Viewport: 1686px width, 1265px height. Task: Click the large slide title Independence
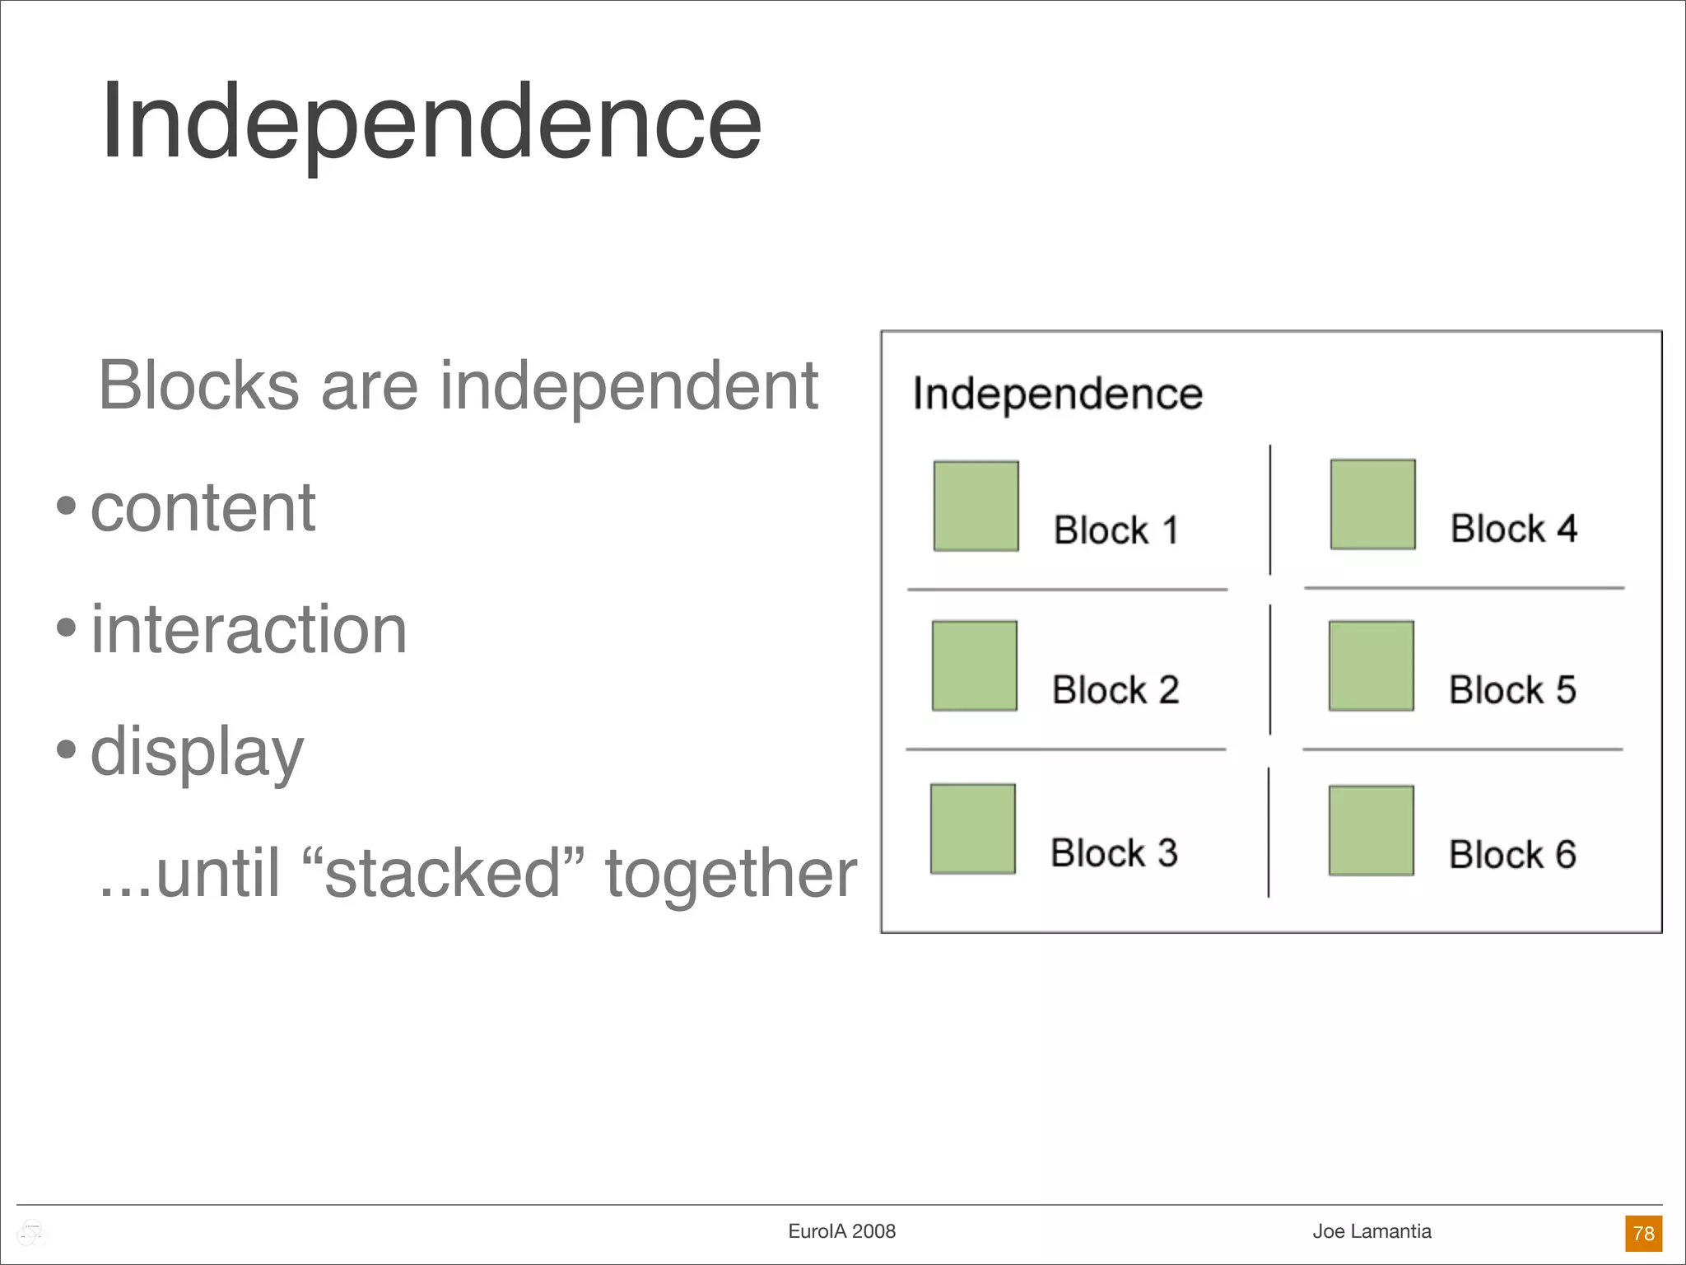pyautogui.click(x=431, y=122)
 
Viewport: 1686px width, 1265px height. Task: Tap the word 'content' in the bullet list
pyautogui.click(x=203, y=508)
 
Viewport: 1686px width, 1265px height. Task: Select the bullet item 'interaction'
pyautogui.click(x=249, y=630)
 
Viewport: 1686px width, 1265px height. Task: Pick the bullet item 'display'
pyautogui.click(x=197, y=752)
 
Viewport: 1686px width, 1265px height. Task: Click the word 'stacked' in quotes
pyautogui.click(x=443, y=873)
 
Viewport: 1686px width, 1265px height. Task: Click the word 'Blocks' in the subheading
pyautogui.click(x=198, y=385)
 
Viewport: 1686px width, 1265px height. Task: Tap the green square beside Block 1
pyautogui.click(x=976, y=506)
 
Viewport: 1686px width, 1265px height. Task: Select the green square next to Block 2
pyautogui.click(x=974, y=665)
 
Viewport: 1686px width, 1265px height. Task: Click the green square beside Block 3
pyautogui.click(x=972, y=829)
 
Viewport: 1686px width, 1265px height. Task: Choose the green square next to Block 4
pyautogui.click(x=1372, y=504)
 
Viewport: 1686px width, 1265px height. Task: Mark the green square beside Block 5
pyautogui.click(x=1371, y=665)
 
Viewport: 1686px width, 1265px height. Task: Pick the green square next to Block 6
pyautogui.click(x=1371, y=830)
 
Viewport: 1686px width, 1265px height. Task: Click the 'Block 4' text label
pyautogui.click(x=1513, y=529)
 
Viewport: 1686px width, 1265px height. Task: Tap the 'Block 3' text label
pyautogui.click(x=1114, y=853)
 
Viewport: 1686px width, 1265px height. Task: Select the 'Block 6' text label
pyautogui.click(x=1512, y=855)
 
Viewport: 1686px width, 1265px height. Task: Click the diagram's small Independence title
pyautogui.click(x=1057, y=394)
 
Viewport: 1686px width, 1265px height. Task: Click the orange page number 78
pyautogui.click(x=1643, y=1233)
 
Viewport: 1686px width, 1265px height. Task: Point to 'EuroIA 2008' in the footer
pyautogui.click(x=841, y=1231)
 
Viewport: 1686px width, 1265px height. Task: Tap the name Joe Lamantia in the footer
pyautogui.click(x=1372, y=1231)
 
